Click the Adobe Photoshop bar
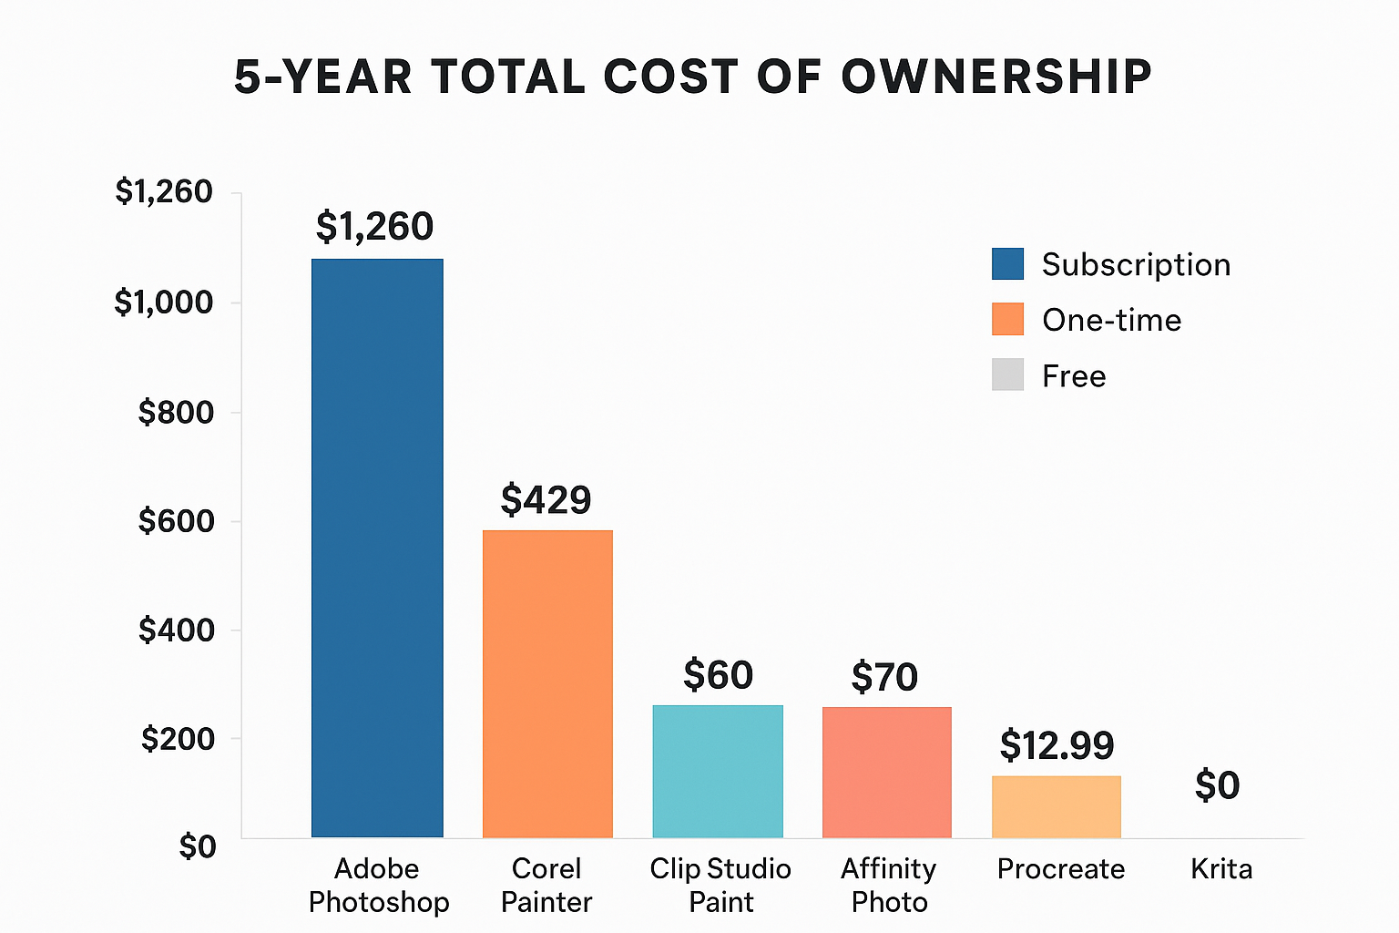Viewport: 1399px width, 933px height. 377,547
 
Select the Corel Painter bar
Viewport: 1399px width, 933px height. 547,683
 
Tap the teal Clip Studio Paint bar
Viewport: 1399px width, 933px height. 718,771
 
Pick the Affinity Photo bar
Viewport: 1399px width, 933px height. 887,772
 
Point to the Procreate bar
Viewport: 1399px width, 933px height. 1057,806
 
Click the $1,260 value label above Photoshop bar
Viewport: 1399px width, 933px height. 374,227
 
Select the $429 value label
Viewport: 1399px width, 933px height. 546,500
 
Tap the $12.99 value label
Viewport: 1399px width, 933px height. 1057,746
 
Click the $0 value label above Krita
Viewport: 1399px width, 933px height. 1217,786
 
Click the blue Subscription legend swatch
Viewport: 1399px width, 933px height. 1007,264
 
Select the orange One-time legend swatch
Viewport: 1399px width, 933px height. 1007,320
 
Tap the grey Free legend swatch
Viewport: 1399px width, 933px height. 1007,375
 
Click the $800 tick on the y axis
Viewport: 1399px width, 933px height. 176,413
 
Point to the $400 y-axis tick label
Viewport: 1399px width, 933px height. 176,631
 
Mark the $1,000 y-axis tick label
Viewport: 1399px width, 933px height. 164,302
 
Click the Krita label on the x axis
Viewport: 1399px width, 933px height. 1221,869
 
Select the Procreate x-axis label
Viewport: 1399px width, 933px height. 1061,869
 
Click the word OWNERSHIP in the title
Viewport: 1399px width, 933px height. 996,77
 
